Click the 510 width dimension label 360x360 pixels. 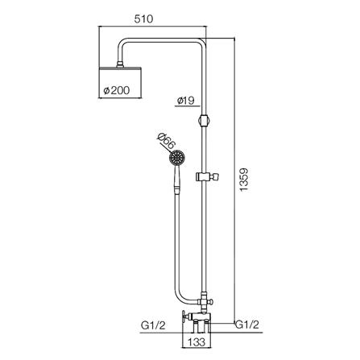(143, 19)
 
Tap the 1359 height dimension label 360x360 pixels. (244, 180)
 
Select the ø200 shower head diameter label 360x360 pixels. (117, 90)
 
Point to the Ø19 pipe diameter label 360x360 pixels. (186, 101)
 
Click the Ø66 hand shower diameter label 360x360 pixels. (167, 142)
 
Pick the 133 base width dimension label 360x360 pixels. (197, 342)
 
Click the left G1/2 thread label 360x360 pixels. (153, 325)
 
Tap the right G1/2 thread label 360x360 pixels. (247, 325)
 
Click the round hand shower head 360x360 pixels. (177, 158)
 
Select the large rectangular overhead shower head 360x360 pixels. (120, 82)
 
